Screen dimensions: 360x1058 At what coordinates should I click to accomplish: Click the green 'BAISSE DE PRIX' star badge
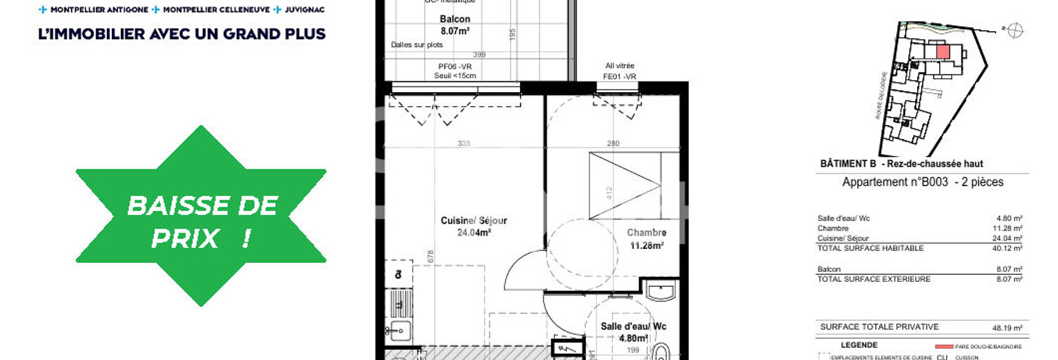pyautogui.click(x=201, y=216)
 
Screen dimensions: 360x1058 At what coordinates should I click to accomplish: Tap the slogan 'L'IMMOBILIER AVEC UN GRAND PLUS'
pyautogui.click(x=182, y=34)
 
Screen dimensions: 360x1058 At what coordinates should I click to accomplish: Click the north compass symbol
pyautogui.click(x=1014, y=30)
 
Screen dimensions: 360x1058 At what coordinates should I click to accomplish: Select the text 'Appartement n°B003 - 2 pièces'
pyautogui.click(x=923, y=182)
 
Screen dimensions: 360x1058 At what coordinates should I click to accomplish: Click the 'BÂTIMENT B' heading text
pyautogui.click(x=848, y=164)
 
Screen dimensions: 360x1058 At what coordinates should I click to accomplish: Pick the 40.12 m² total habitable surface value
pyautogui.click(x=1009, y=248)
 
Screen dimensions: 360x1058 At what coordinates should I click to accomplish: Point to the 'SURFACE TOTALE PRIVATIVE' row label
pyautogui.click(x=879, y=327)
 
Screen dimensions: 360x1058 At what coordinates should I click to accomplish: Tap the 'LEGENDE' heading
pyautogui.click(x=859, y=345)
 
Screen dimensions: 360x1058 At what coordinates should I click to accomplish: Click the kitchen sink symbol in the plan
pyautogui.click(x=398, y=329)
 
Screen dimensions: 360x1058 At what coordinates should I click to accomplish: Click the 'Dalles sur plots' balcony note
pyautogui.click(x=417, y=45)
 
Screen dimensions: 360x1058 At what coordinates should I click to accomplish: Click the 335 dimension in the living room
pyautogui.click(x=464, y=143)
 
